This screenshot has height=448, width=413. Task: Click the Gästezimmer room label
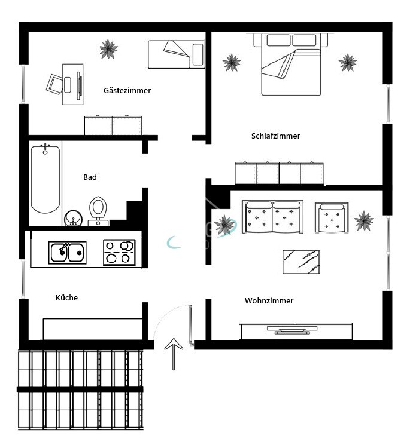127,91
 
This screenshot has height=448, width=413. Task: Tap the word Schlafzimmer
275,136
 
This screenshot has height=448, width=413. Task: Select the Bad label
90,177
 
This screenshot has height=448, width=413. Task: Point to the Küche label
66,297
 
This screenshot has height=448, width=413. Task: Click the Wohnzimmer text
269,301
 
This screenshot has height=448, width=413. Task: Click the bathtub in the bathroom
45,178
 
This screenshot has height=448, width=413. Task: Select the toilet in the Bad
98,209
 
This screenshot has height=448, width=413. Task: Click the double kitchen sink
67,252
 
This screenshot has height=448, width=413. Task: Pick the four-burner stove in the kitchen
119,252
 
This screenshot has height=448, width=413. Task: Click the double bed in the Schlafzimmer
291,65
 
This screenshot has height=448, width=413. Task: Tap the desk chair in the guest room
55,84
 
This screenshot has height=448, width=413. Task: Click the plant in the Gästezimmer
108,48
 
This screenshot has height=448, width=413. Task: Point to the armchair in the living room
332,217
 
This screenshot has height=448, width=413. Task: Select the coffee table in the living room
305,262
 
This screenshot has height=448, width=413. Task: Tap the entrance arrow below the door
174,352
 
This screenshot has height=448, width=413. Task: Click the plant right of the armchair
363,221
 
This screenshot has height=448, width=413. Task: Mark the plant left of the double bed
232,62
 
